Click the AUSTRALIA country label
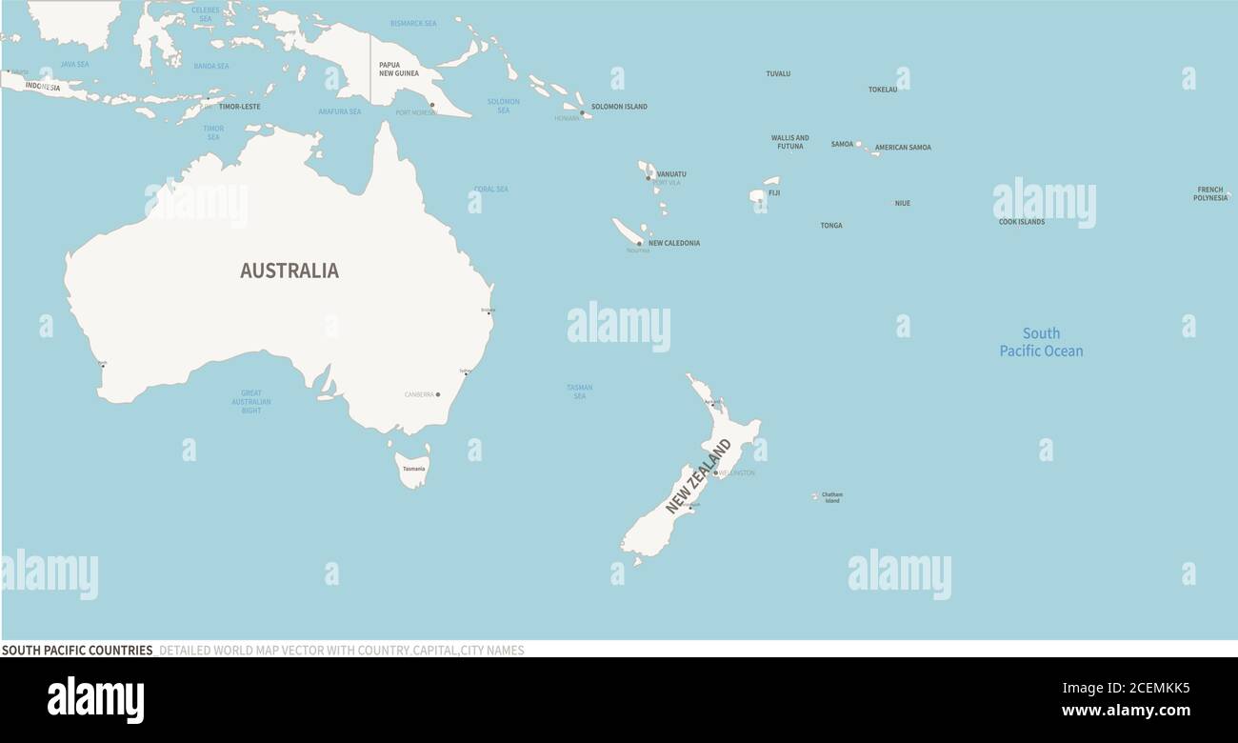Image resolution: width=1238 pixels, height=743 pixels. tap(289, 271)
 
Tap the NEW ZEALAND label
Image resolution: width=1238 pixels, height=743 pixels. tap(698, 476)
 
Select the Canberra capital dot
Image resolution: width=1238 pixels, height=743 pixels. tap(438, 394)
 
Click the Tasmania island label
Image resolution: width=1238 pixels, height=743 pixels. tap(413, 469)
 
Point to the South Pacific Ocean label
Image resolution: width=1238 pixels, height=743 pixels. tap(1041, 342)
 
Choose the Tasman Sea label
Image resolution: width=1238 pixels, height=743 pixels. tap(579, 392)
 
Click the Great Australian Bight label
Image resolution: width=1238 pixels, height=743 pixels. tap(251, 401)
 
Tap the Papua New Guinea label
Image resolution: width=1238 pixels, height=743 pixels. tap(398, 69)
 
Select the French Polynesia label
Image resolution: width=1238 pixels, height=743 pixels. tap(1209, 193)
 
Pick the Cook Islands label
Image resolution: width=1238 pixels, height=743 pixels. tap(1021, 222)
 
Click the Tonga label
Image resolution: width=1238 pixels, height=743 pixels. tap(831, 226)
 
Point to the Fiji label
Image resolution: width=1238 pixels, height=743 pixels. tap(774, 193)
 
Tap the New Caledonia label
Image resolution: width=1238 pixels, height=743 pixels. tap(674, 243)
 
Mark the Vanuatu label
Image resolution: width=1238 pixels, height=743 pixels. tap(671, 174)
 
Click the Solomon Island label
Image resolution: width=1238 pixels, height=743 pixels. tap(619, 107)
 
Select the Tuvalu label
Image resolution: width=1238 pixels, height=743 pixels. tap(778, 73)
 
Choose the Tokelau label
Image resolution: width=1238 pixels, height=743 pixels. tap(883, 90)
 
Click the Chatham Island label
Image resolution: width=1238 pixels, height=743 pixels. tap(832, 497)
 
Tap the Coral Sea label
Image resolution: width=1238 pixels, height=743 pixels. tap(491, 190)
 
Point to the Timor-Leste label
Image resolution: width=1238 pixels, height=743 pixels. tap(239, 107)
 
